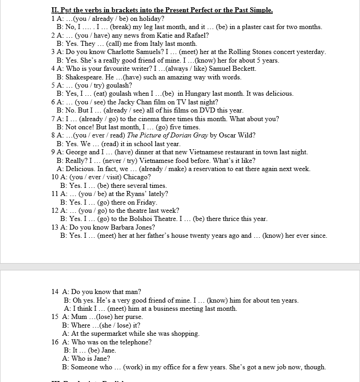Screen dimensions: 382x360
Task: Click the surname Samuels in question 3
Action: click(146, 52)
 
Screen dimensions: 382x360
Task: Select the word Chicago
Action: click(138, 177)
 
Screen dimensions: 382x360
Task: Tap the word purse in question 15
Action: click(134, 317)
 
